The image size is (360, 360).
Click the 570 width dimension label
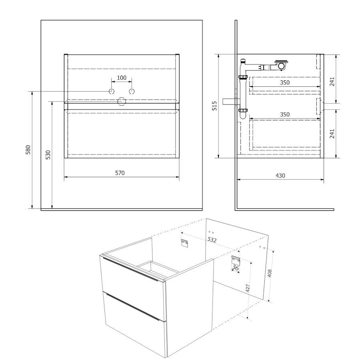pos(120,173)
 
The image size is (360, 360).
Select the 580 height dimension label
pos(28,150)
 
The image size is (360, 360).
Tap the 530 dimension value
pos(48,155)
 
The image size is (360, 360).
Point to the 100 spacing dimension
pos(122,78)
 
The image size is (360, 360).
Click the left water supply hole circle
pos(112,91)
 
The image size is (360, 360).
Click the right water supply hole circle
pos(132,91)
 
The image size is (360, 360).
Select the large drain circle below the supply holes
pos(122,102)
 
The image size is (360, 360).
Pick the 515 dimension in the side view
pos(214,106)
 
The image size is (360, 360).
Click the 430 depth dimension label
pos(280,176)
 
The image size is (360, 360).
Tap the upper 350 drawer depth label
pos(285,83)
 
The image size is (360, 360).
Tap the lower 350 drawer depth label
pos(285,114)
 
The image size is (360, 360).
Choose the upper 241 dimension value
pos(332,82)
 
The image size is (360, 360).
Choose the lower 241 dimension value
pos(332,134)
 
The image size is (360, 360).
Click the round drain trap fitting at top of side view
pos(282,66)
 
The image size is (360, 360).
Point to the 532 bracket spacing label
pos(212,240)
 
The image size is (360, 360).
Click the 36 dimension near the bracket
pos(235,268)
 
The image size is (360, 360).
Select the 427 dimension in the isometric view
pos(248,288)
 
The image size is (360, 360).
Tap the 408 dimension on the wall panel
pos(270,273)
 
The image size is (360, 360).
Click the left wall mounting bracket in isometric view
pos(184,243)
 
